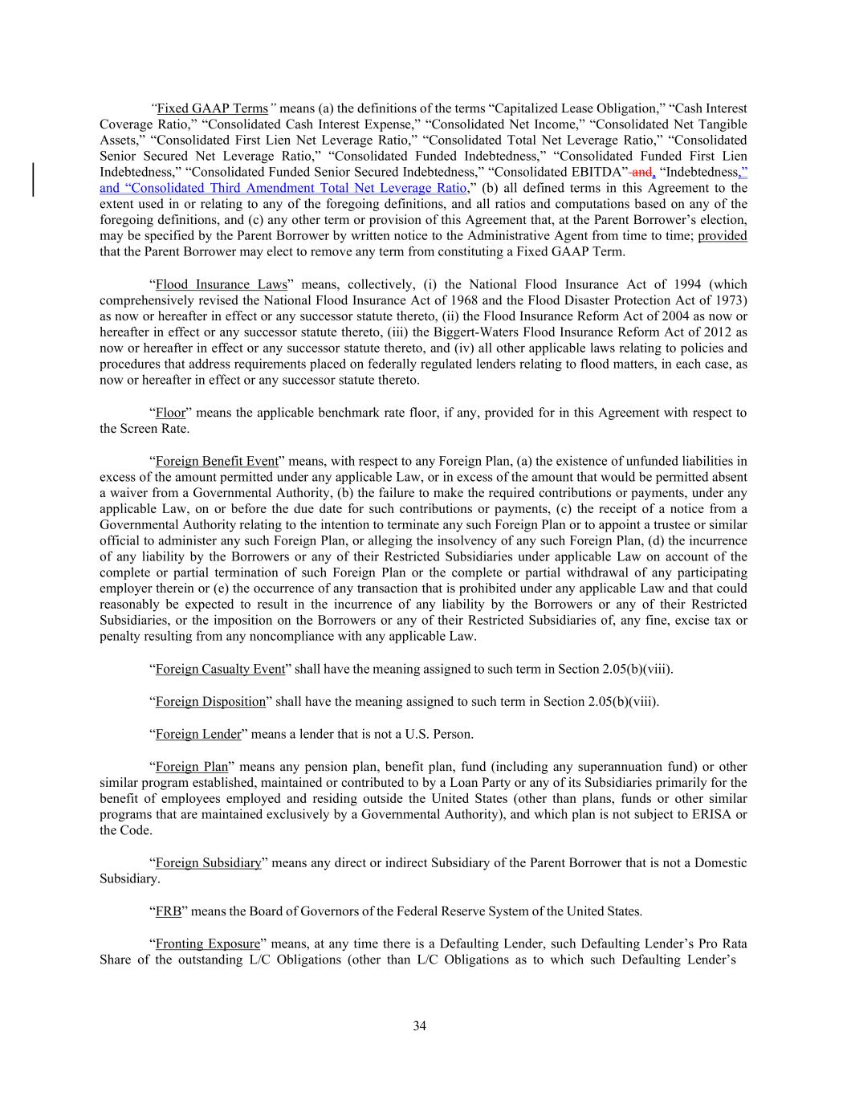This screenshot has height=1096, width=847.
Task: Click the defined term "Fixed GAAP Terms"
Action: point(212,108)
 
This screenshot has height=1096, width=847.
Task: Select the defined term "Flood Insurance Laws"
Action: point(221,284)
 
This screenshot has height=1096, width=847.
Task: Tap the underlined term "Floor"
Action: point(170,413)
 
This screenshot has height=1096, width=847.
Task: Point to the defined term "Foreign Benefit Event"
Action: point(217,461)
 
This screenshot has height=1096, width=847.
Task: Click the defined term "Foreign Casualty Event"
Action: point(220,670)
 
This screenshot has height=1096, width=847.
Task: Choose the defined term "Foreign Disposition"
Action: point(210,702)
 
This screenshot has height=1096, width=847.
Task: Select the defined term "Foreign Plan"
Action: point(192,767)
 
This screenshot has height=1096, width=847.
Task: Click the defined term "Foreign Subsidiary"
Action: point(209,863)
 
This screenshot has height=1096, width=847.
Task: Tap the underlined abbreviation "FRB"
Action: point(169,911)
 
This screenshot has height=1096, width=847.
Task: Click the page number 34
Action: point(419,1025)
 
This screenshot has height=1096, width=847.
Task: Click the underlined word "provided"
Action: point(723,236)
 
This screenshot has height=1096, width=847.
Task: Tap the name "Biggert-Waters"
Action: point(474,332)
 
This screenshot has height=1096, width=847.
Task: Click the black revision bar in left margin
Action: point(34,180)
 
